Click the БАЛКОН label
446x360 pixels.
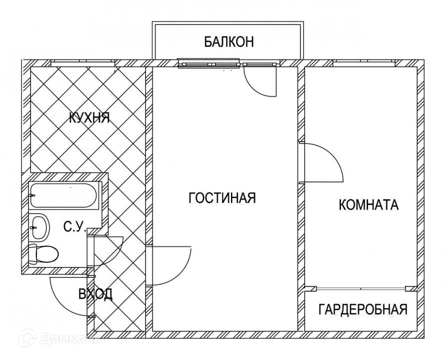pyautogui.click(x=228, y=41)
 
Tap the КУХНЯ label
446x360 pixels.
pyautogui.click(x=89, y=118)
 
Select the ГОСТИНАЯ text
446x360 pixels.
pyautogui.click(x=222, y=198)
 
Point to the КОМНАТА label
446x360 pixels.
pyautogui.click(x=368, y=205)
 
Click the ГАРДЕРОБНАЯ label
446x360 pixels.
pyautogui.click(x=362, y=309)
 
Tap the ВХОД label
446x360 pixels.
pyautogui.click(x=95, y=294)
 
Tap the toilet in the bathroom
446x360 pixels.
pyautogui.click(x=42, y=254)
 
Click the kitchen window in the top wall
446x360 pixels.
pyautogui.click(x=83, y=63)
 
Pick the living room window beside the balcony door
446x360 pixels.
pyautogui.click(x=210, y=63)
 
